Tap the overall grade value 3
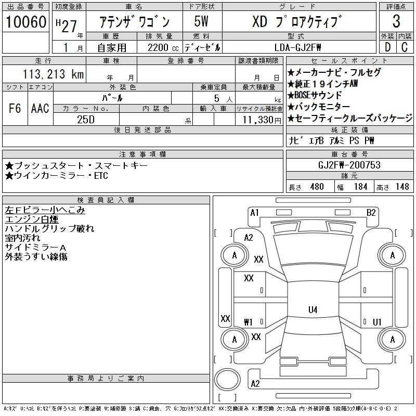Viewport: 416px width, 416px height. point(396,21)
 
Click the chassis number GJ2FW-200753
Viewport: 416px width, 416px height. point(349,165)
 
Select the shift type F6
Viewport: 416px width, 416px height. point(15,109)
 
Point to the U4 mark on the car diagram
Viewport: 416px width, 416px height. point(313,310)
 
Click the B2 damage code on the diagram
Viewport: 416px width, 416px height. point(371,212)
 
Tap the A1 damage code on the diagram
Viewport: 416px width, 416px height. point(255,212)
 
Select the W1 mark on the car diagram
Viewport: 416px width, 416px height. point(249,322)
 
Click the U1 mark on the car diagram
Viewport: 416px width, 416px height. point(377,322)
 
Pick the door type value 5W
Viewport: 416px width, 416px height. point(202,22)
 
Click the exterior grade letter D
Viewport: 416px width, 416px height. point(387,47)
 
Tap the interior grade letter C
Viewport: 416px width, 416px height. point(405,47)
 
